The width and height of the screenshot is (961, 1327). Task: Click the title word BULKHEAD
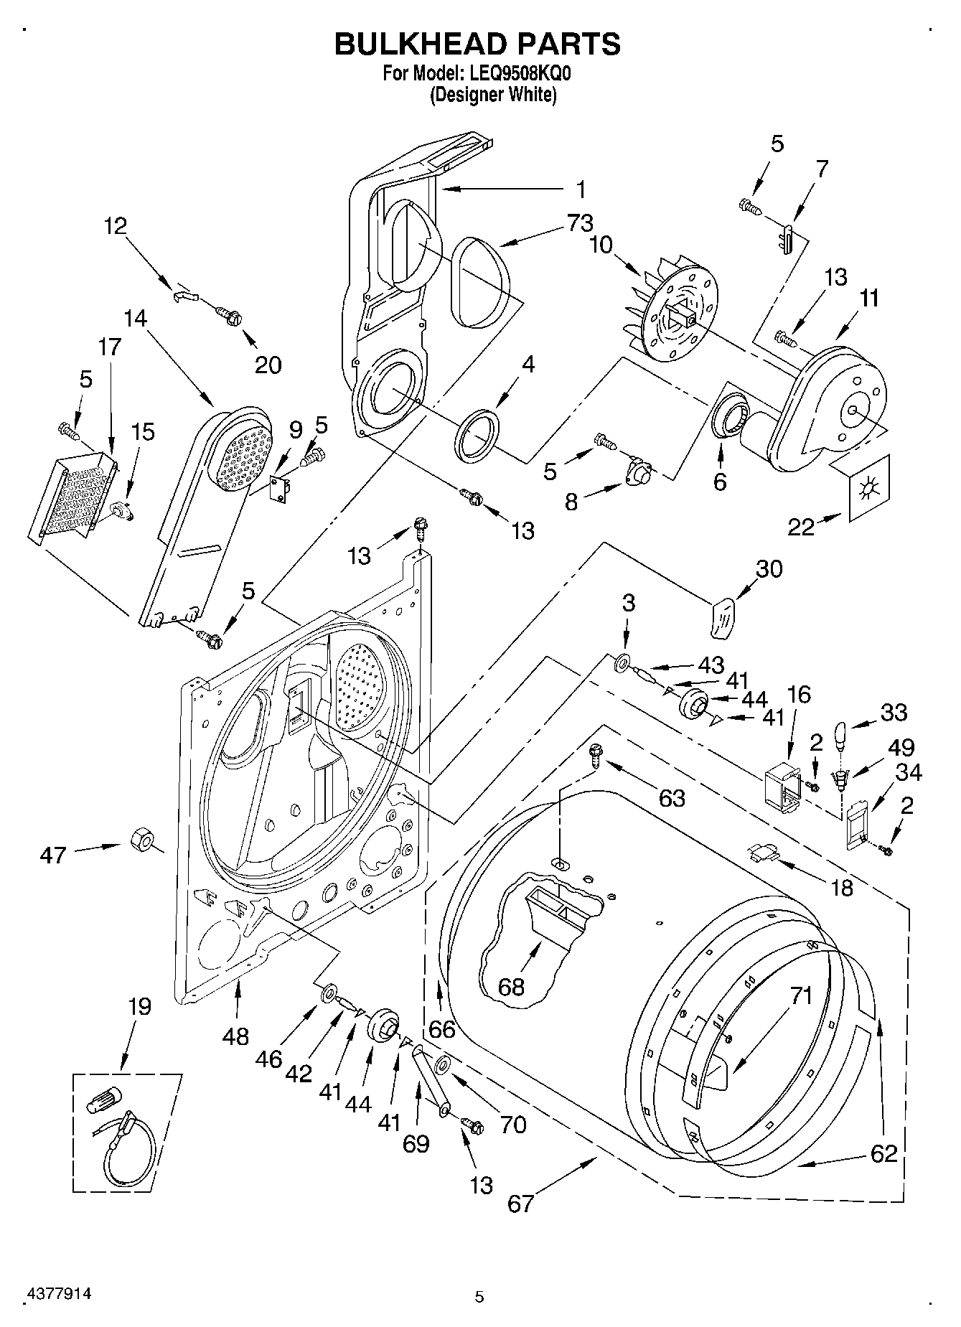[x=416, y=44]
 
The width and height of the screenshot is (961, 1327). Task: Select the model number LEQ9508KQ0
[x=515, y=73]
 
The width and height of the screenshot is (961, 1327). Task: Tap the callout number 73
[x=579, y=223]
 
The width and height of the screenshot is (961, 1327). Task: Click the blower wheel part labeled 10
[x=671, y=310]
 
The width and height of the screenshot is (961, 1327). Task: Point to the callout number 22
[x=802, y=527]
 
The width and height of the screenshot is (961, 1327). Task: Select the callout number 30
[x=769, y=568]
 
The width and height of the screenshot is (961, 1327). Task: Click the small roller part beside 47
[x=142, y=839]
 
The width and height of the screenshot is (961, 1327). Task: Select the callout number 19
[x=140, y=1006]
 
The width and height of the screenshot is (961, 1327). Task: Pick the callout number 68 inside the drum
[x=512, y=987]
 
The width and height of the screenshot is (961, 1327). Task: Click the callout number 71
[x=801, y=995]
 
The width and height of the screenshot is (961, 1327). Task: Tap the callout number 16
[x=799, y=694]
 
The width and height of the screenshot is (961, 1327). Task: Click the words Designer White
[x=493, y=94]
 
